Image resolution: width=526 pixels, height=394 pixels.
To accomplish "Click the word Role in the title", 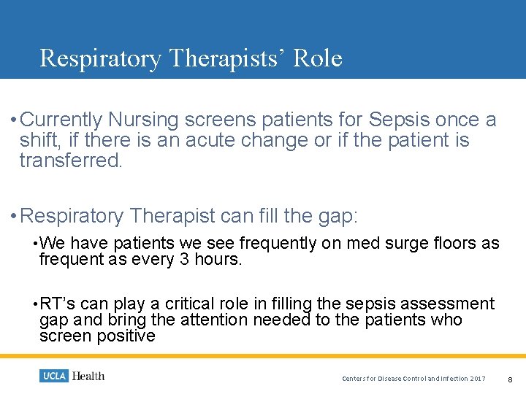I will pyautogui.click(x=317, y=58).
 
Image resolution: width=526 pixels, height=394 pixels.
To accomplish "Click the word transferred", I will pyautogui.click(x=71, y=161).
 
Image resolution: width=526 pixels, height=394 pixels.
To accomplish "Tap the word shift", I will pyautogui.click(x=39, y=140).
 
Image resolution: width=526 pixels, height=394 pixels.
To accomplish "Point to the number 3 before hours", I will pyautogui.click(x=183, y=259).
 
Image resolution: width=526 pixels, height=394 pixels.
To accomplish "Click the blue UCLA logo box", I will pyautogui.click(x=53, y=376).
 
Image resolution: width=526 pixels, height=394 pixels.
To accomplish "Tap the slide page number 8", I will pyautogui.click(x=510, y=379).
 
